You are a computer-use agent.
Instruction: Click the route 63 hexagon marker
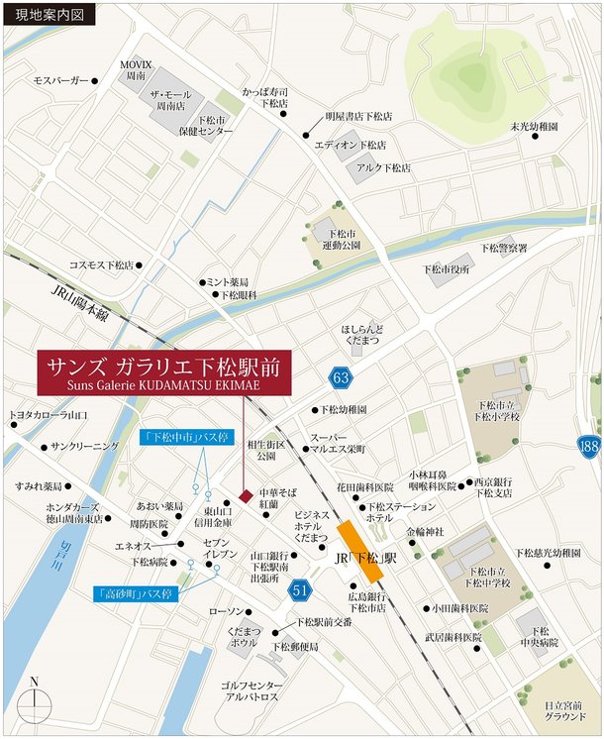(341, 377)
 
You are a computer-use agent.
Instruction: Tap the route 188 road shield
(589, 448)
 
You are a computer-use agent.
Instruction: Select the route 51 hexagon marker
(300, 591)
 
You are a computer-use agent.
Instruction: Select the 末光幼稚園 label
(535, 127)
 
